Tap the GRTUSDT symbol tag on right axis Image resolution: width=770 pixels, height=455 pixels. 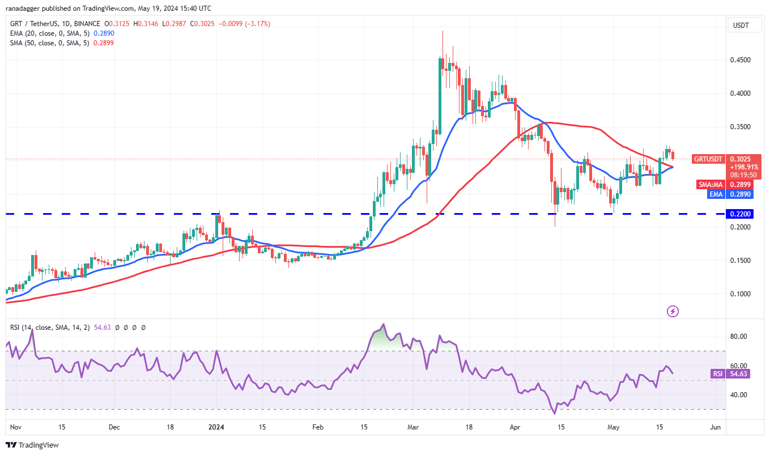pos(707,159)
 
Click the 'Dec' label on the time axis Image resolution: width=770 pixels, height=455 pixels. pos(114,427)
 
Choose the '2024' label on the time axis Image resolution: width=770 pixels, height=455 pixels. pos(216,427)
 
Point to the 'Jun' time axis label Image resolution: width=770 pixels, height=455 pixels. pos(715,427)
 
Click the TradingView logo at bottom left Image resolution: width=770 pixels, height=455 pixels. pos(32,445)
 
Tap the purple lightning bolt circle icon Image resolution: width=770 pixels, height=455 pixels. pos(673,311)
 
